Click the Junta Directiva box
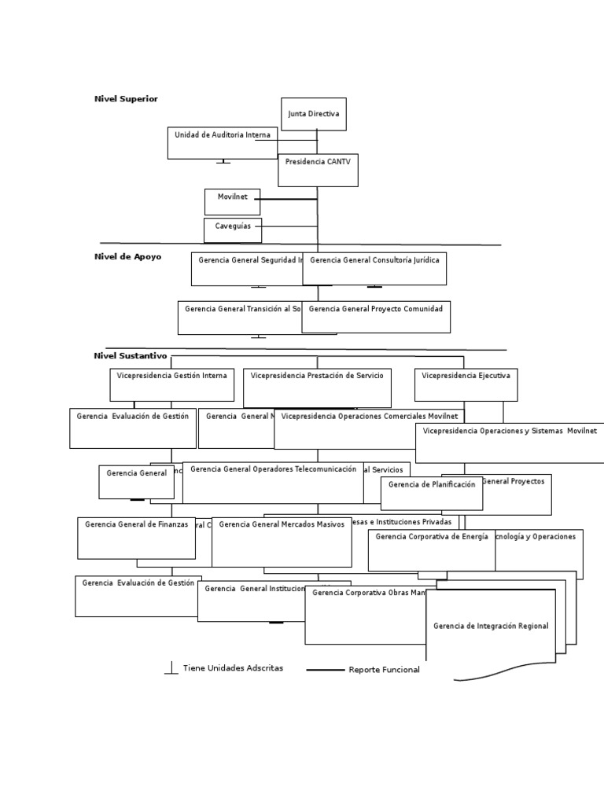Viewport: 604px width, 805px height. [313, 114]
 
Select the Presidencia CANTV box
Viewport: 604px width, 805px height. [318, 170]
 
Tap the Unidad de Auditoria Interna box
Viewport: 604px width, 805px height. [223, 143]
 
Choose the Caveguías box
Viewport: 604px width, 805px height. [233, 230]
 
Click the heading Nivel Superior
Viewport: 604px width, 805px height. [126, 99]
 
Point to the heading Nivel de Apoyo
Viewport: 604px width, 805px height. [127, 257]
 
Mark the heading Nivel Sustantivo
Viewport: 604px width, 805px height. [131, 356]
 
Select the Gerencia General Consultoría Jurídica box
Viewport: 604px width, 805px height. [374, 269]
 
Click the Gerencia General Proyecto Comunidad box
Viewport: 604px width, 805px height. [376, 317]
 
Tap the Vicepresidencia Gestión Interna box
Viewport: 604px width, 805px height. [171, 384]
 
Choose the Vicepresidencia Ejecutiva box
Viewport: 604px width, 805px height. [466, 384]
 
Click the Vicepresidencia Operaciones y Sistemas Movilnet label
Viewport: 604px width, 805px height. [510, 431]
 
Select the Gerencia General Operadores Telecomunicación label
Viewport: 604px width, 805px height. [273, 469]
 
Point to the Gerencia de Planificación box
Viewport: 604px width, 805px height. [431, 493]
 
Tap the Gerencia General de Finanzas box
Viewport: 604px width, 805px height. [136, 538]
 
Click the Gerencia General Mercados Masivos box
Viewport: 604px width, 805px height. [282, 542]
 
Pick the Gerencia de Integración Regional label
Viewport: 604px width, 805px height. [491, 626]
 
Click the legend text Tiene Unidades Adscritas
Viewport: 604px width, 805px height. [233, 668]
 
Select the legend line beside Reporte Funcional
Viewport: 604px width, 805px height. [325, 670]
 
